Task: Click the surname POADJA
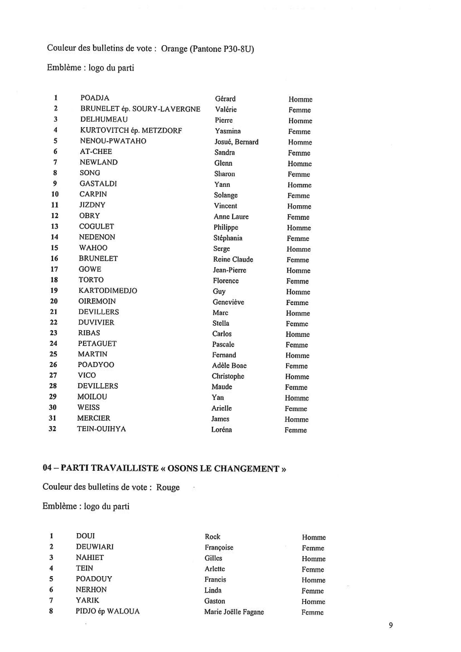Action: click(x=95, y=98)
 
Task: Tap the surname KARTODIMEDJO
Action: click(x=108, y=291)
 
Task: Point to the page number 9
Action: click(x=391, y=625)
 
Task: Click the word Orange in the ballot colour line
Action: click(x=174, y=49)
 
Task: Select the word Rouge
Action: click(x=168, y=487)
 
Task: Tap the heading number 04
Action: click(x=47, y=468)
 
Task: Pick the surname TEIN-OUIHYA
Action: click(x=101, y=429)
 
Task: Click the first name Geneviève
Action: click(x=228, y=302)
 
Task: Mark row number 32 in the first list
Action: click(x=53, y=429)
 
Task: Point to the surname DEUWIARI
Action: click(x=95, y=547)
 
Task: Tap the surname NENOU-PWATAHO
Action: click(x=113, y=141)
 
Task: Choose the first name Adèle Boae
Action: click(x=229, y=366)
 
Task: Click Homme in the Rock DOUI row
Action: click(x=314, y=537)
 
